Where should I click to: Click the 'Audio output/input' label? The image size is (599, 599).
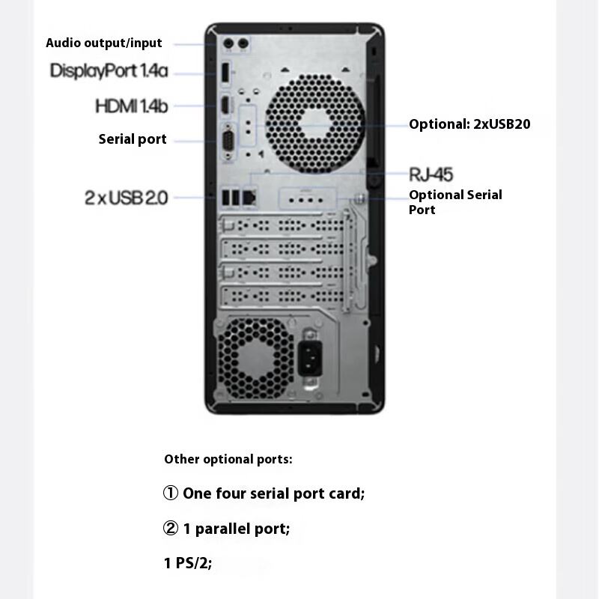pyautogui.click(x=103, y=43)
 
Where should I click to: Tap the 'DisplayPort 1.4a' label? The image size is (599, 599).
pyautogui.click(x=109, y=71)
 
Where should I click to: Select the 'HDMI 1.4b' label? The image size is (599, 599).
pyautogui.click(x=131, y=106)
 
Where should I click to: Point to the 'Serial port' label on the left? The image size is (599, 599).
pyautogui.click(x=133, y=139)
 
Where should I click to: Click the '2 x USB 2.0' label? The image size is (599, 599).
pyautogui.click(x=126, y=198)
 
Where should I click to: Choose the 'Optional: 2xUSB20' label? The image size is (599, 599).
pyautogui.click(x=469, y=124)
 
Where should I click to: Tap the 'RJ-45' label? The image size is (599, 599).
pyautogui.click(x=431, y=174)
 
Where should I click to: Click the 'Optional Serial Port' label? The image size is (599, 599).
pyautogui.click(x=455, y=202)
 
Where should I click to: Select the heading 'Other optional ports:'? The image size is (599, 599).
pyautogui.click(x=228, y=459)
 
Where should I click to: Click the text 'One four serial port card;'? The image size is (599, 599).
pyautogui.click(x=273, y=493)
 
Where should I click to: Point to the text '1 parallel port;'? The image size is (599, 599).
pyautogui.click(x=236, y=529)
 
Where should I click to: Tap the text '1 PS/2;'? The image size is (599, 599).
pyautogui.click(x=188, y=563)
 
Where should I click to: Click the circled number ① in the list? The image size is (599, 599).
pyautogui.click(x=171, y=493)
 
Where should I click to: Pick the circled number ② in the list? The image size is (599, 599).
pyautogui.click(x=171, y=529)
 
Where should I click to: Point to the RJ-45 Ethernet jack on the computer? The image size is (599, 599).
pyautogui.click(x=251, y=197)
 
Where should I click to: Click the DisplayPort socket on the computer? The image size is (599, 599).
pyautogui.click(x=225, y=74)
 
